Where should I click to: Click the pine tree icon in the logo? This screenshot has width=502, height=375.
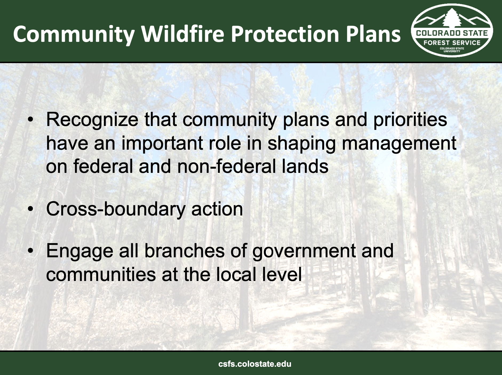(452, 19)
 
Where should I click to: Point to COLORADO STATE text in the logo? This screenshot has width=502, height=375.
(452, 34)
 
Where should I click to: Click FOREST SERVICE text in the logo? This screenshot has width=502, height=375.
(452, 42)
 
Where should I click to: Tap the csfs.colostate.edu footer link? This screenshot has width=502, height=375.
(255, 364)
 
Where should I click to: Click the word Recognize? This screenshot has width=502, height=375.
(92, 120)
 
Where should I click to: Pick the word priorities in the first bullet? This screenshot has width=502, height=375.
(410, 120)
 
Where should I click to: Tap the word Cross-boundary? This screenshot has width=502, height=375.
(116, 209)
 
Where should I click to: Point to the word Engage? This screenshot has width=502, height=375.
(80, 251)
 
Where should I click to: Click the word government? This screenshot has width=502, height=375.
(304, 251)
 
